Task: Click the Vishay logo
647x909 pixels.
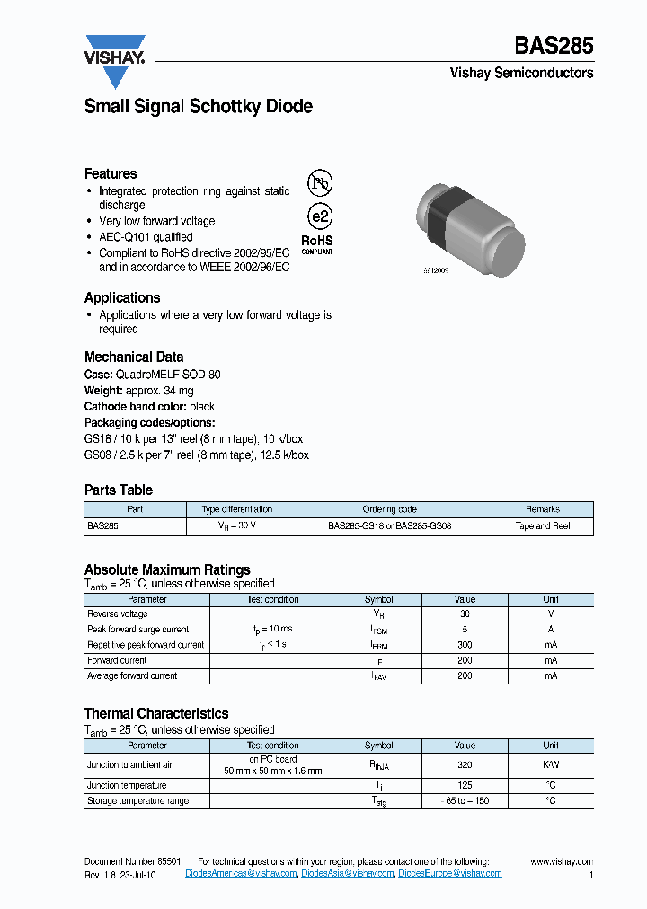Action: click(115, 59)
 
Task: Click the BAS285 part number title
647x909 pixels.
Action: click(554, 46)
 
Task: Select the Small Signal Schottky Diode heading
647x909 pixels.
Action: click(199, 106)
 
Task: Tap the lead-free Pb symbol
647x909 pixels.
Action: click(320, 183)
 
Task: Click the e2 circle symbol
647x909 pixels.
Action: click(320, 216)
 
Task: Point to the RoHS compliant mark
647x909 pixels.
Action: click(316, 244)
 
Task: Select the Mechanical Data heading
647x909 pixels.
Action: click(134, 357)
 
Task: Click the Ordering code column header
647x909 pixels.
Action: click(389, 509)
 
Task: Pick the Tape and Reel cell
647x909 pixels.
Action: click(543, 526)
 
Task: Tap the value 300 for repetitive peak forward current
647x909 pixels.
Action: click(465, 645)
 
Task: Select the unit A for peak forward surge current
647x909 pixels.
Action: click(551, 630)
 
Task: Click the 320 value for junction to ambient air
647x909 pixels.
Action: click(465, 765)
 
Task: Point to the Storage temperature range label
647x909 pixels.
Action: click(137, 800)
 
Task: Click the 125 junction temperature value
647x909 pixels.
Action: click(465, 785)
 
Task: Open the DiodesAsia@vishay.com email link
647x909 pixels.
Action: click(347, 873)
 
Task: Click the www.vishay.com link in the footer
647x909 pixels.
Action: click(562, 861)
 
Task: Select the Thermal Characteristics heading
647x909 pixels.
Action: click(156, 713)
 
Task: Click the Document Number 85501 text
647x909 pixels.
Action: click(133, 861)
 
